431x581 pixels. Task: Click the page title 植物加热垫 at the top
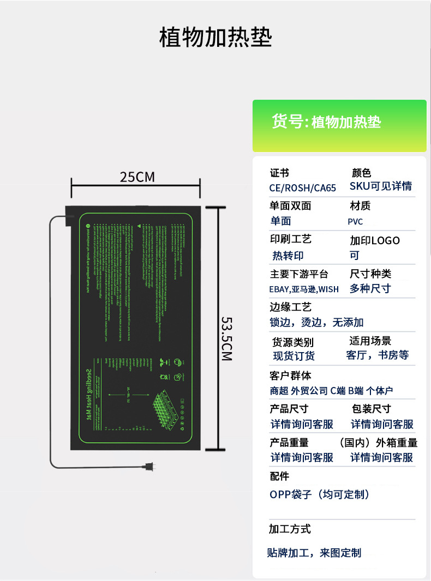[x=215, y=38]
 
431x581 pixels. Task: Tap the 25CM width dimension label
[x=137, y=177]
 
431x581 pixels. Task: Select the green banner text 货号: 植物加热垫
[x=326, y=122]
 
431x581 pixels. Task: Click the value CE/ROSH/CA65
[x=303, y=187]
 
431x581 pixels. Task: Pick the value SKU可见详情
[x=381, y=186]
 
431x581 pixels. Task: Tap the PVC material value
[x=355, y=221]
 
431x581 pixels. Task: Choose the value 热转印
[x=288, y=255]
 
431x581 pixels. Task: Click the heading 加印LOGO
[x=375, y=240]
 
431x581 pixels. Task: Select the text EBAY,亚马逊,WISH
[x=304, y=289]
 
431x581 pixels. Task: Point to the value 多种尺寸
[x=370, y=288]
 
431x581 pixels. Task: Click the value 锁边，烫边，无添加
[x=316, y=323]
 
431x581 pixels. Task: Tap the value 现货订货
[x=294, y=356]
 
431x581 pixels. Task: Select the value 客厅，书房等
[x=378, y=355]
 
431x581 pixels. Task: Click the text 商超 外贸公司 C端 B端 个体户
[x=331, y=390]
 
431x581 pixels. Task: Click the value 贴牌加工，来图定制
[x=314, y=553]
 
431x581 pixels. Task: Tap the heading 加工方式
[x=290, y=529]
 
